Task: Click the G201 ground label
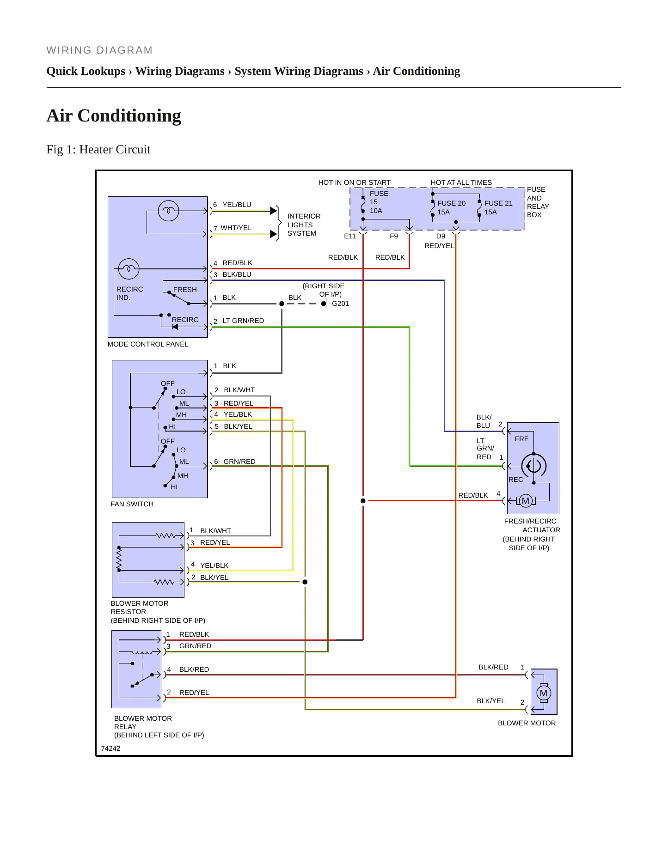340,304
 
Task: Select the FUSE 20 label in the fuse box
451,203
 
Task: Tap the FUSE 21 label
498,203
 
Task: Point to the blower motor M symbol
544,693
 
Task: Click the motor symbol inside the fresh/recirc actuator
526,501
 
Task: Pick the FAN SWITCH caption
132,504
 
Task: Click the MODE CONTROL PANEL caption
148,344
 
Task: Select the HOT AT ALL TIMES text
461,183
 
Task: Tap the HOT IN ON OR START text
355,183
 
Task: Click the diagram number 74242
110,748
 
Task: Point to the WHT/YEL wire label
236,228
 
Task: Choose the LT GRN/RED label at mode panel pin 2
243,321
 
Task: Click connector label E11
350,236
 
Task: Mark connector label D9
441,236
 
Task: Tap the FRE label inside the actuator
521,439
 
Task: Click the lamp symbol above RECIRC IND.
129,269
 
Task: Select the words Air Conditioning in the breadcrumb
417,71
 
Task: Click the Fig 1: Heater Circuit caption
98,150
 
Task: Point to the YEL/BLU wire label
237,205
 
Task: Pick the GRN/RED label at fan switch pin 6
239,462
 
